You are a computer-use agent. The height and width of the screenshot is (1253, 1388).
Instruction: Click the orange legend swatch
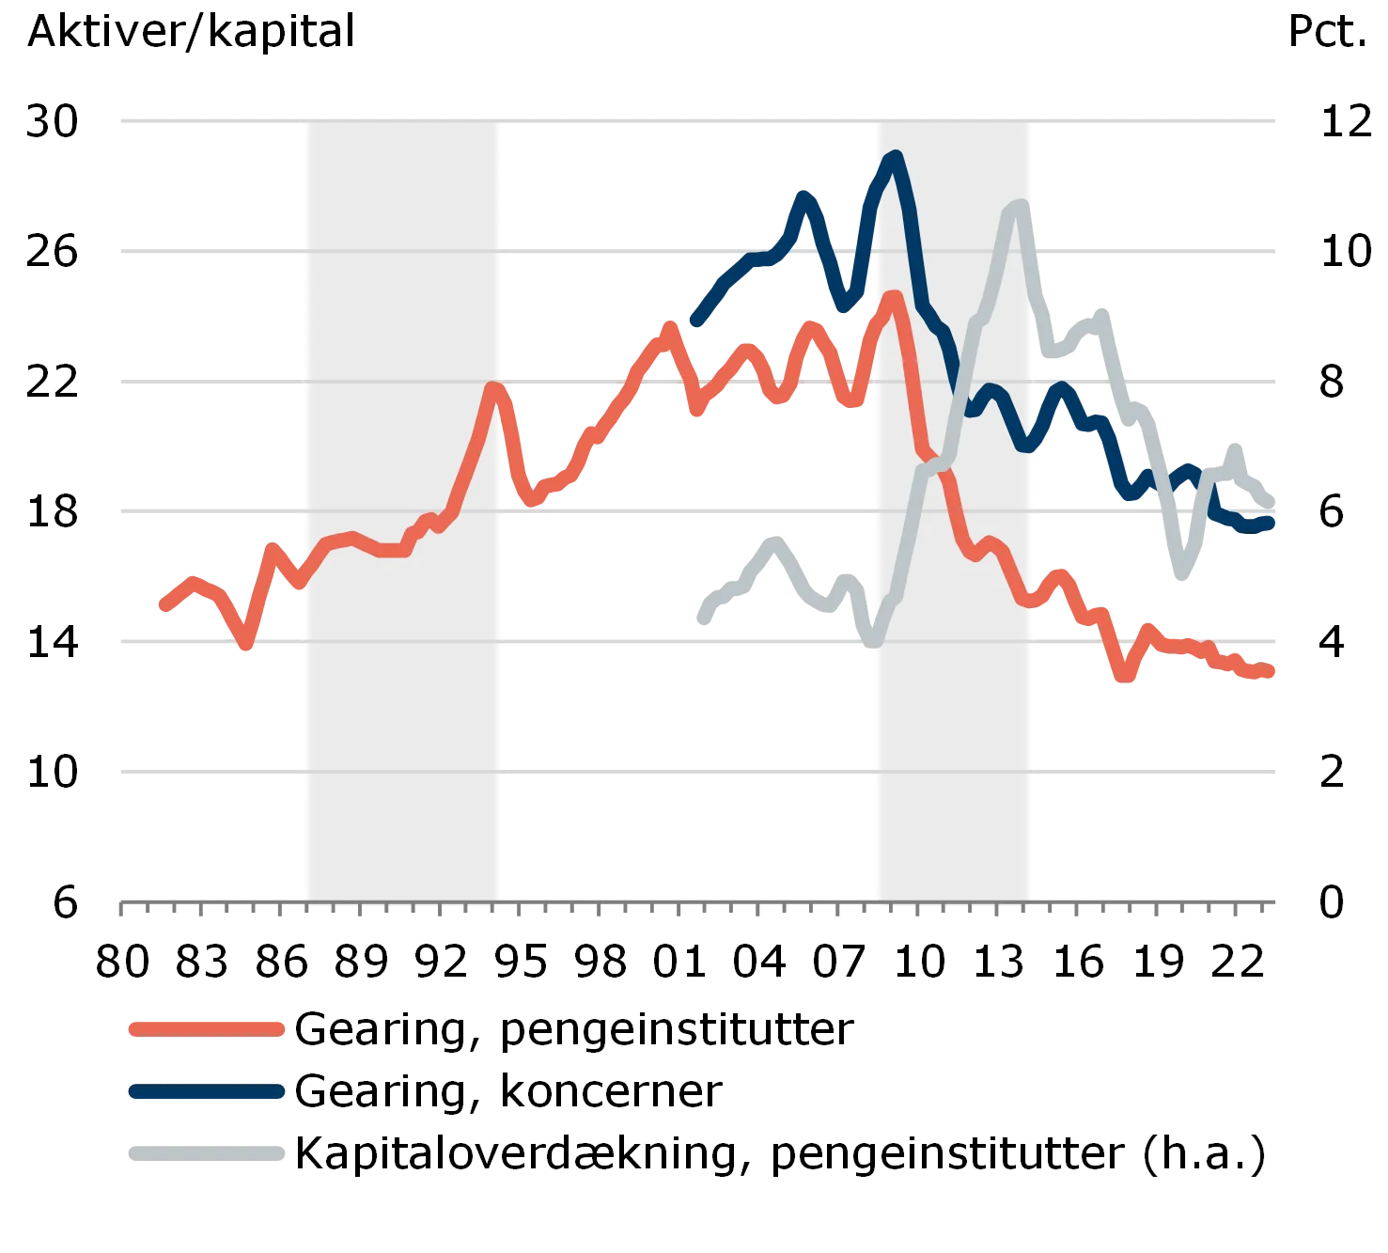point(206,1028)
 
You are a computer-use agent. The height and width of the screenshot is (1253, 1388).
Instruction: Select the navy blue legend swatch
point(206,1092)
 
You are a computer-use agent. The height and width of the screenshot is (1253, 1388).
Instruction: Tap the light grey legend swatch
point(206,1154)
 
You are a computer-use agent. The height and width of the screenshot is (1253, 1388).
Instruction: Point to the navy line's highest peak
point(896,158)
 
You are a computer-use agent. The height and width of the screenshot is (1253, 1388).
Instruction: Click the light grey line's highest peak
point(1018,206)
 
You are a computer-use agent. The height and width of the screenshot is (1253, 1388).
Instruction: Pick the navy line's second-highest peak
point(805,196)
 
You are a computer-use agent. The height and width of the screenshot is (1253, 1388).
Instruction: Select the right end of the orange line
point(1271,671)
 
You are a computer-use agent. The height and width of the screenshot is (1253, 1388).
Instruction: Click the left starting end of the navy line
point(692,324)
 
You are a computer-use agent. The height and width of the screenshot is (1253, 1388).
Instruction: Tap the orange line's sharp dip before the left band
point(246,646)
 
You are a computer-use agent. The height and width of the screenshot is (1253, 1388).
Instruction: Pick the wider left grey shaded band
point(402,658)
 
